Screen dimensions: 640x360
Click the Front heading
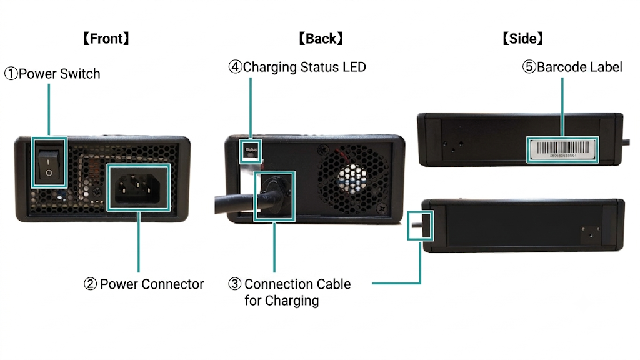click(106, 39)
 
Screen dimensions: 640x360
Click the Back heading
click(321, 39)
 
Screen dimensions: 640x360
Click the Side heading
click(523, 39)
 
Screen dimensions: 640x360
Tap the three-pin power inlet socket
click(137, 188)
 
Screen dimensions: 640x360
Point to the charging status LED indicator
click(251, 151)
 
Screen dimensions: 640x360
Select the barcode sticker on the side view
click(562, 149)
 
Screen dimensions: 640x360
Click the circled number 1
click(11, 74)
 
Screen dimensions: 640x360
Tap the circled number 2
click(90, 284)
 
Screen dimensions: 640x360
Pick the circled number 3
click(235, 284)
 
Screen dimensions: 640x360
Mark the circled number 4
click(235, 67)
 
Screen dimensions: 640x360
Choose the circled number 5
click(529, 67)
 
